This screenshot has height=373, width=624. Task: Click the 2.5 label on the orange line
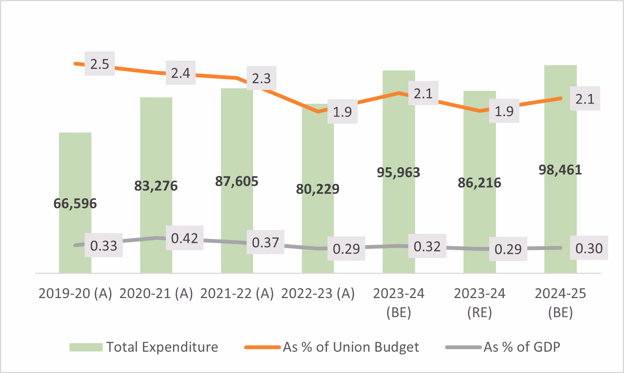click(100, 64)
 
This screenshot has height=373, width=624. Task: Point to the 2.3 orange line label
click(261, 78)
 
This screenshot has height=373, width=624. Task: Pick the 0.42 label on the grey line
click(185, 238)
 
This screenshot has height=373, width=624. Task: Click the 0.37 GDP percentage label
click(266, 242)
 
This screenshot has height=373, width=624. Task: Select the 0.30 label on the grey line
click(589, 248)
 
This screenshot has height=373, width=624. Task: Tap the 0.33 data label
click(104, 246)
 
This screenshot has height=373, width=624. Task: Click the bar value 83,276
click(156, 186)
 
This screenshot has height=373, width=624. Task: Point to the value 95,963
click(398, 173)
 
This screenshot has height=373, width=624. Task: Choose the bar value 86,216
click(479, 183)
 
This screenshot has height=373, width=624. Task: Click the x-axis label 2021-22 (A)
click(237, 294)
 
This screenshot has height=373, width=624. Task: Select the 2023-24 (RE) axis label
click(479, 303)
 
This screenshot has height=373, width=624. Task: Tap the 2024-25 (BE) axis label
click(560, 303)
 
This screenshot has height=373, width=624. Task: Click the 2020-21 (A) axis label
click(156, 294)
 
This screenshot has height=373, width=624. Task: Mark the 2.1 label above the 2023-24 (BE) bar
click(423, 93)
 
